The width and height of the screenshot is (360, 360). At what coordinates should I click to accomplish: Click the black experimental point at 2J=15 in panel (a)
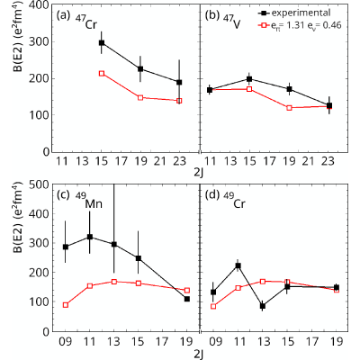click(x=102, y=42)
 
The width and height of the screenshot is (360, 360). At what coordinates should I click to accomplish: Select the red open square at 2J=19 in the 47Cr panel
click(x=140, y=97)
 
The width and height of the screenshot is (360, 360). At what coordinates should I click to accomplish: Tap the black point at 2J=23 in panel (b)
click(x=329, y=105)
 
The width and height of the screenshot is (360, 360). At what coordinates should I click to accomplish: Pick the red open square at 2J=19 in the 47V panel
click(x=289, y=108)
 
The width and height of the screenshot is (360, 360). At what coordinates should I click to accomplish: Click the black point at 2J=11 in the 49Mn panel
click(x=90, y=237)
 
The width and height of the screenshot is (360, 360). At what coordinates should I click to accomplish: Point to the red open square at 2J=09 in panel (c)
click(x=66, y=305)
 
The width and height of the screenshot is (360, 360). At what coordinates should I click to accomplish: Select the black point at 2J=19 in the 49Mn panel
click(x=187, y=299)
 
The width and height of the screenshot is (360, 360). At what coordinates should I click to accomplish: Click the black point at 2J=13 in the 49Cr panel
click(x=263, y=306)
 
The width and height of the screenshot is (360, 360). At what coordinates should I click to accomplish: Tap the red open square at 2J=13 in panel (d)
click(x=263, y=282)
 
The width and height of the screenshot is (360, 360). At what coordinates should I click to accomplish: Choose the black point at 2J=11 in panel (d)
click(x=238, y=265)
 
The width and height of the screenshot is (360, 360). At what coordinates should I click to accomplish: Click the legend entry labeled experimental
click(x=294, y=13)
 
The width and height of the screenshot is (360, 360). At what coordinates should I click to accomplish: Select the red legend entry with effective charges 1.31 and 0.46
click(x=300, y=25)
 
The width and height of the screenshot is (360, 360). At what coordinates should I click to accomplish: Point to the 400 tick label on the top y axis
click(x=39, y=5)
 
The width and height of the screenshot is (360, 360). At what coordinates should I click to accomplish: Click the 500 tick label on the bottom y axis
click(x=39, y=184)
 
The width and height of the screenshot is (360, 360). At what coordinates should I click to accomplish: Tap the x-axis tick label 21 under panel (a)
click(x=160, y=161)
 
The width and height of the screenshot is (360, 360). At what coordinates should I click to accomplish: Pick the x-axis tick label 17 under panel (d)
click(x=312, y=341)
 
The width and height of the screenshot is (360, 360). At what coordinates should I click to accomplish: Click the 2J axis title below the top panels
click(x=199, y=174)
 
